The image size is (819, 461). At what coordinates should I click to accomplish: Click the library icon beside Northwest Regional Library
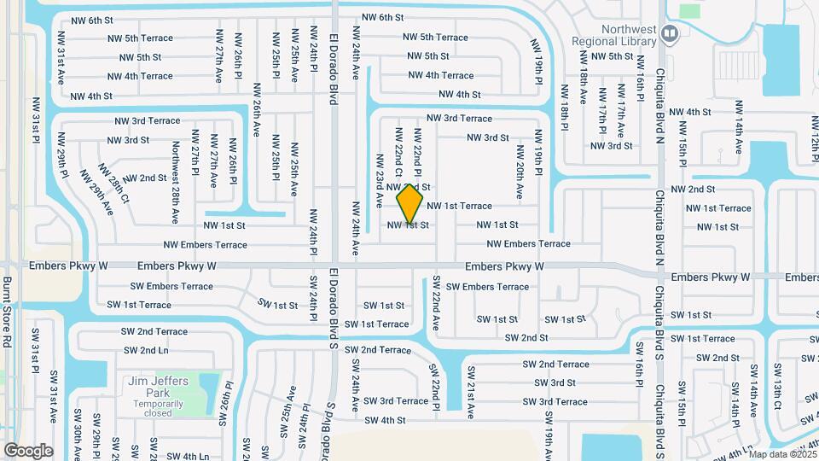[670, 34]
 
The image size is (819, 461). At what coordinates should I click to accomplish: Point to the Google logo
[28, 450]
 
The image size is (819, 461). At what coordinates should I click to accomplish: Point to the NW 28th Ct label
[113, 184]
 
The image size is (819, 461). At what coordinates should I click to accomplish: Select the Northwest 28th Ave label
[175, 172]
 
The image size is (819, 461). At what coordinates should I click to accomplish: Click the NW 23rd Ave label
[379, 181]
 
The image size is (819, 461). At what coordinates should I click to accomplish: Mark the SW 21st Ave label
[470, 392]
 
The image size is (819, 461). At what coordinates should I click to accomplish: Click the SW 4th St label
[385, 420]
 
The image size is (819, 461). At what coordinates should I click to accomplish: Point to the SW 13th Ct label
[776, 388]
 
